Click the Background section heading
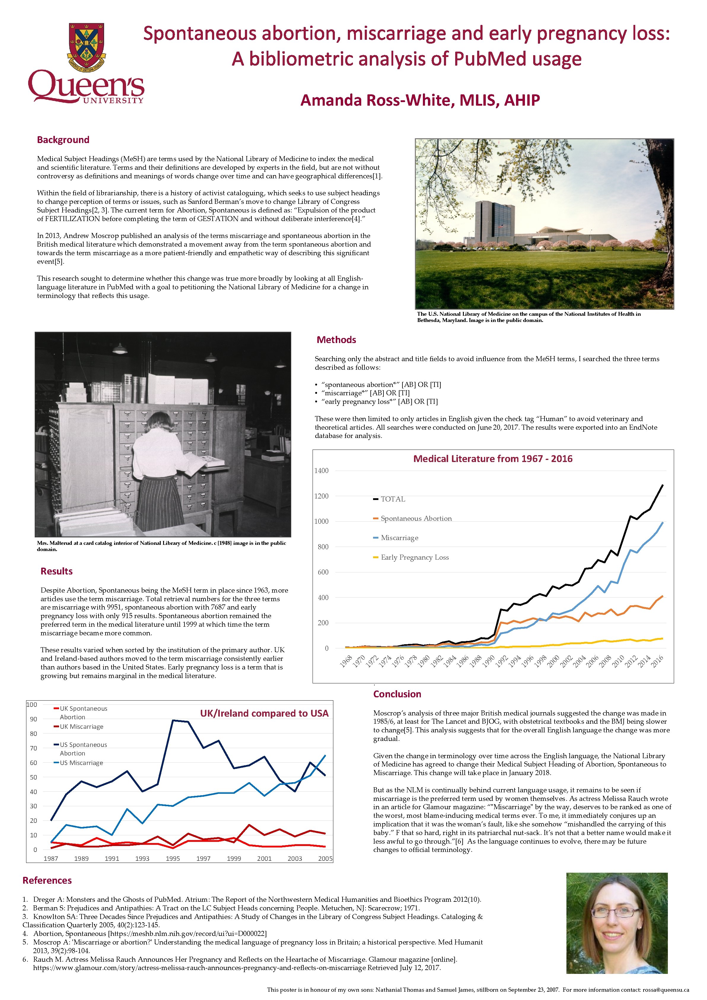click(63, 140)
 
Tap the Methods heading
click(336, 340)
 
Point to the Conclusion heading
click(397, 694)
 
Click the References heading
click(47, 880)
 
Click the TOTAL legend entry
click(393, 499)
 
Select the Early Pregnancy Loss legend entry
click(415, 558)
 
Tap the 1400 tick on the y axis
click(321, 471)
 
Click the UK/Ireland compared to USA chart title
click(264, 713)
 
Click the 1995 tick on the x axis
click(173, 858)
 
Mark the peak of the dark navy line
click(173, 720)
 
